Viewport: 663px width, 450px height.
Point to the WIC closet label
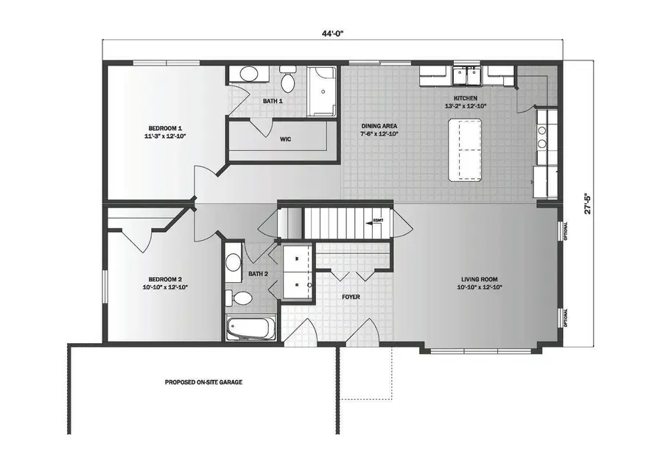(286, 138)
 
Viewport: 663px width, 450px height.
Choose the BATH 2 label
(258, 274)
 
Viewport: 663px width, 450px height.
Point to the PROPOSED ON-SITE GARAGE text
(203, 382)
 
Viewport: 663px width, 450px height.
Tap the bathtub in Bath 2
(250, 328)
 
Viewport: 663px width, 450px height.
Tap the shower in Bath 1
(322, 91)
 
